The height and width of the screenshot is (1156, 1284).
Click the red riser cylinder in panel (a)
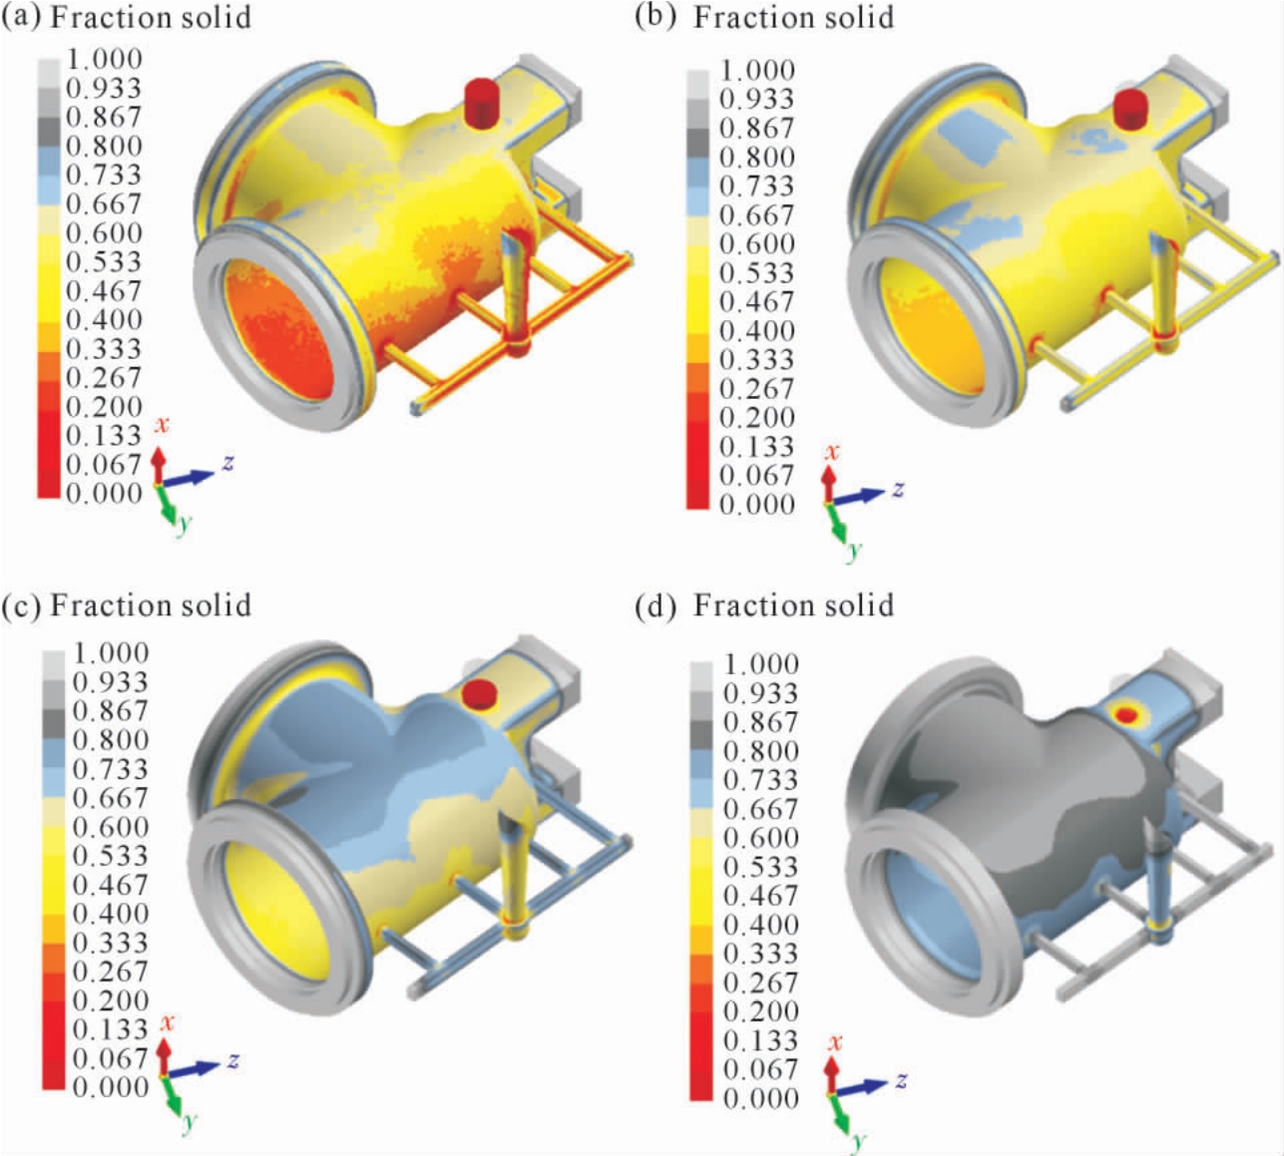pyautogui.click(x=481, y=103)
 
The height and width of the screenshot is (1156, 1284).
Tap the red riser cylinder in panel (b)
pyautogui.click(x=1130, y=110)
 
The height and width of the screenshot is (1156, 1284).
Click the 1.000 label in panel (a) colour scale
pyautogui.click(x=104, y=59)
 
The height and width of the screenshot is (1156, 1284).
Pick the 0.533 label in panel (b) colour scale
pyautogui.click(x=756, y=272)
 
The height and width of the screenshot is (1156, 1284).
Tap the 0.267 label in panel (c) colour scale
pyautogui.click(x=110, y=971)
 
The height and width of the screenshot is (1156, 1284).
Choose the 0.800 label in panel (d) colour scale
pyautogui.click(x=760, y=751)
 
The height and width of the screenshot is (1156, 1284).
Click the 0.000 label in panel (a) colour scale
pyautogui.click(x=104, y=493)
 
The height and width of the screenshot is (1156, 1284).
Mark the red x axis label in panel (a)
pyautogui.click(x=162, y=425)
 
